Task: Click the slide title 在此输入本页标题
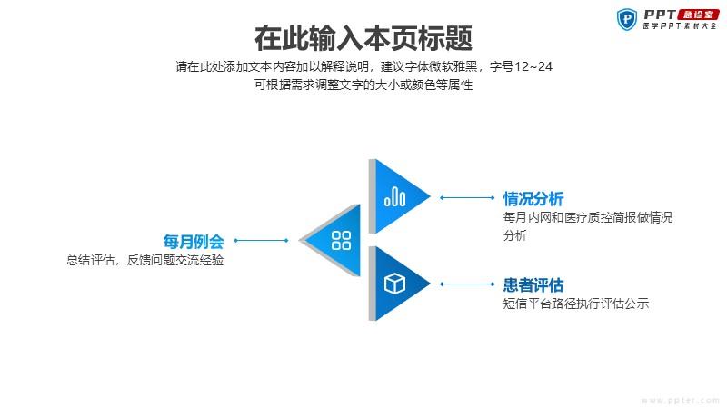[363, 38]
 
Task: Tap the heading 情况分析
[533, 199]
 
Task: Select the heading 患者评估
[533, 284]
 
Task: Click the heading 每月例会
[194, 242]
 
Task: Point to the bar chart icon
[394, 196]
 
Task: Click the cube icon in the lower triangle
[394, 284]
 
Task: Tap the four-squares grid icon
[342, 240]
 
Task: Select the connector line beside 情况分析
[467, 197]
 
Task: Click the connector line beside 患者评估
[467, 284]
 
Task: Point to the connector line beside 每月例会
[261, 240]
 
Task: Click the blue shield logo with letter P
[627, 19]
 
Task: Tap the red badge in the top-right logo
[698, 15]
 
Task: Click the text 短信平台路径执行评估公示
[576, 304]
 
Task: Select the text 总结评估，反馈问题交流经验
[144, 260]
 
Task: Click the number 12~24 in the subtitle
[533, 66]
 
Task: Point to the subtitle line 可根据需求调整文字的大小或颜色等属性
[363, 85]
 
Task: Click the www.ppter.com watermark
[680, 400]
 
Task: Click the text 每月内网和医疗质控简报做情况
[588, 217]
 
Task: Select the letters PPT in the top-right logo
[660, 15]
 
